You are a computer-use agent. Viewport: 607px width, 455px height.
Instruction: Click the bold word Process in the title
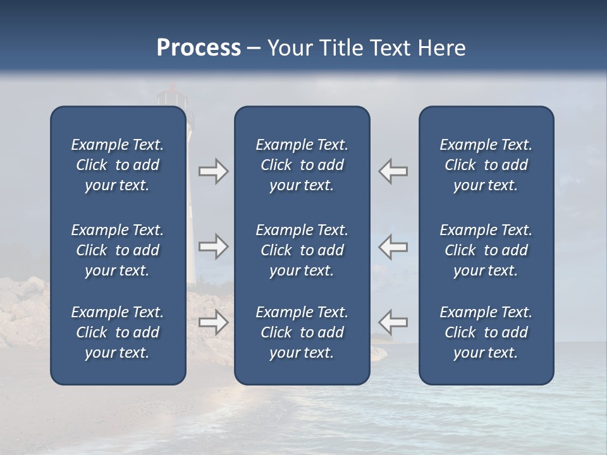(x=199, y=48)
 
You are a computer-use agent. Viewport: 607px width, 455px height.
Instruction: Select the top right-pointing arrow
(x=213, y=171)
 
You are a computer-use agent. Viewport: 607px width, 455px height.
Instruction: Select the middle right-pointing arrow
(x=213, y=246)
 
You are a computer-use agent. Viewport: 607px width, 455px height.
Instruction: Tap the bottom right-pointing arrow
(x=213, y=322)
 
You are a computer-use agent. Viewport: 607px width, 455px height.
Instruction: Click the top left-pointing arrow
(x=393, y=171)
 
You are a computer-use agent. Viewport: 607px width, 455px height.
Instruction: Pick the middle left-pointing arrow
(x=393, y=246)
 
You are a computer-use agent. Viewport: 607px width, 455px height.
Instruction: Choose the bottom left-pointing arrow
(x=393, y=322)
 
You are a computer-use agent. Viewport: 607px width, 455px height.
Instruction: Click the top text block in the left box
(x=118, y=165)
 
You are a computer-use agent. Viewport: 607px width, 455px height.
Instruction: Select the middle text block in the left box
(x=118, y=250)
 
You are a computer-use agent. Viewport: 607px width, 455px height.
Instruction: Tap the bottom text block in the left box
(x=118, y=332)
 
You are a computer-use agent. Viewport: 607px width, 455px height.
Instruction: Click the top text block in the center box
(x=302, y=165)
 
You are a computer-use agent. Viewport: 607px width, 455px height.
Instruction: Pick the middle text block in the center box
(x=302, y=250)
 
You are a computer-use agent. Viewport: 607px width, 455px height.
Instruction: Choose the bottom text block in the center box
(x=302, y=332)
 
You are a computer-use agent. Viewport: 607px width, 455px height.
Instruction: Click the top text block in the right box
(x=486, y=165)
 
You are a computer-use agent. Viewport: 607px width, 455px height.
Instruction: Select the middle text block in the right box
(x=486, y=250)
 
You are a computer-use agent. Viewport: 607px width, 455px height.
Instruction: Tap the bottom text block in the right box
(x=486, y=332)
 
